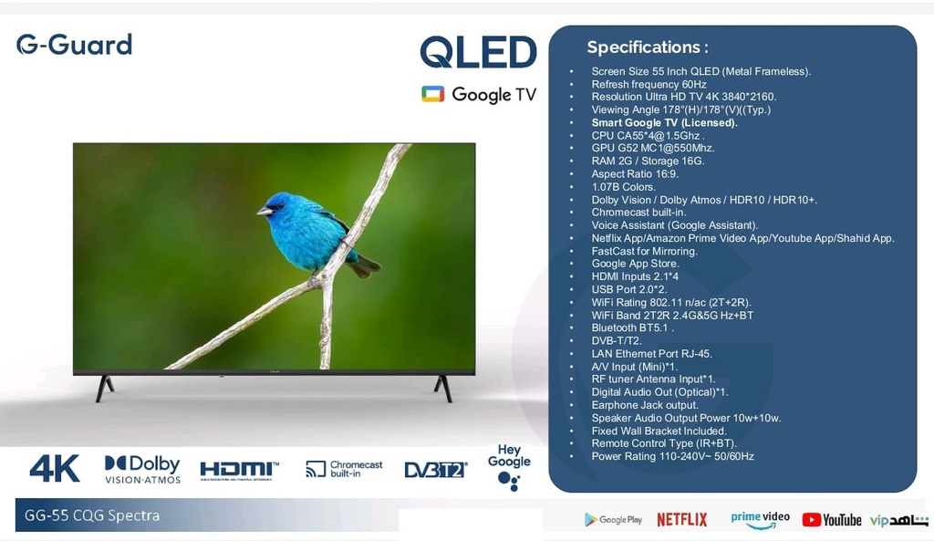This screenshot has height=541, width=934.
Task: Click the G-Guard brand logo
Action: [x=74, y=45]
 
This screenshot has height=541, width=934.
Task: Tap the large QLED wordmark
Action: [x=478, y=52]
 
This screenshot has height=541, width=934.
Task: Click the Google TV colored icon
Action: [x=433, y=94]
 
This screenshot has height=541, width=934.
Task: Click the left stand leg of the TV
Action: [x=105, y=389]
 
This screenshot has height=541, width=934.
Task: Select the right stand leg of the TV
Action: [x=443, y=389]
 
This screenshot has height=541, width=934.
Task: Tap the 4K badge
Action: [x=54, y=468]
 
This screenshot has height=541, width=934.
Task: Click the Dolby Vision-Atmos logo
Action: [x=142, y=470]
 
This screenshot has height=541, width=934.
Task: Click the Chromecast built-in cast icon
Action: [x=316, y=469]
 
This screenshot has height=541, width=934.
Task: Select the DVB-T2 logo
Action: [x=435, y=470]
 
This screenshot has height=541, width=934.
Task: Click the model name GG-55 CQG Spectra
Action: [x=92, y=515]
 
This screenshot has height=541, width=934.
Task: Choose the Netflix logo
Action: [x=682, y=519]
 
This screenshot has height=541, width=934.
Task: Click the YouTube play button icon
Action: [x=811, y=519]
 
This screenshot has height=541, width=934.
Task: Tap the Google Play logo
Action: [x=614, y=519]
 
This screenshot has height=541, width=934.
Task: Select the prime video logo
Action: [x=760, y=519]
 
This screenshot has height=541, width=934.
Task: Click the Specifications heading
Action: [x=648, y=47]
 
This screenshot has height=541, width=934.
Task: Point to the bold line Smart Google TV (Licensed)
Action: [x=664, y=123]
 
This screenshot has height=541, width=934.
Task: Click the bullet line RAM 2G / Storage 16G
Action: [x=648, y=161]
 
